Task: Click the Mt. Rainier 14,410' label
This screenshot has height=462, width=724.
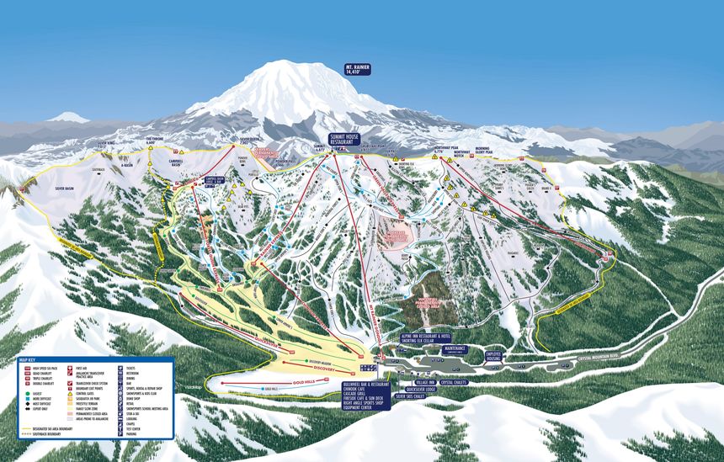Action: pyautogui.click(x=357, y=70)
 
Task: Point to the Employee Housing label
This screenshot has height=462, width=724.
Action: pyautogui.click(x=493, y=356)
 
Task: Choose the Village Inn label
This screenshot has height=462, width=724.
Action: pyautogui.click(x=426, y=381)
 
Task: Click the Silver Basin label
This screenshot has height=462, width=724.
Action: pyautogui.click(x=65, y=189)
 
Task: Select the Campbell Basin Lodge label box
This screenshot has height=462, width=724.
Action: pyautogui.click(x=215, y=179)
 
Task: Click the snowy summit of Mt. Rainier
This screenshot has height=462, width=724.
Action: pyautogui.click(x=279, y=69)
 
